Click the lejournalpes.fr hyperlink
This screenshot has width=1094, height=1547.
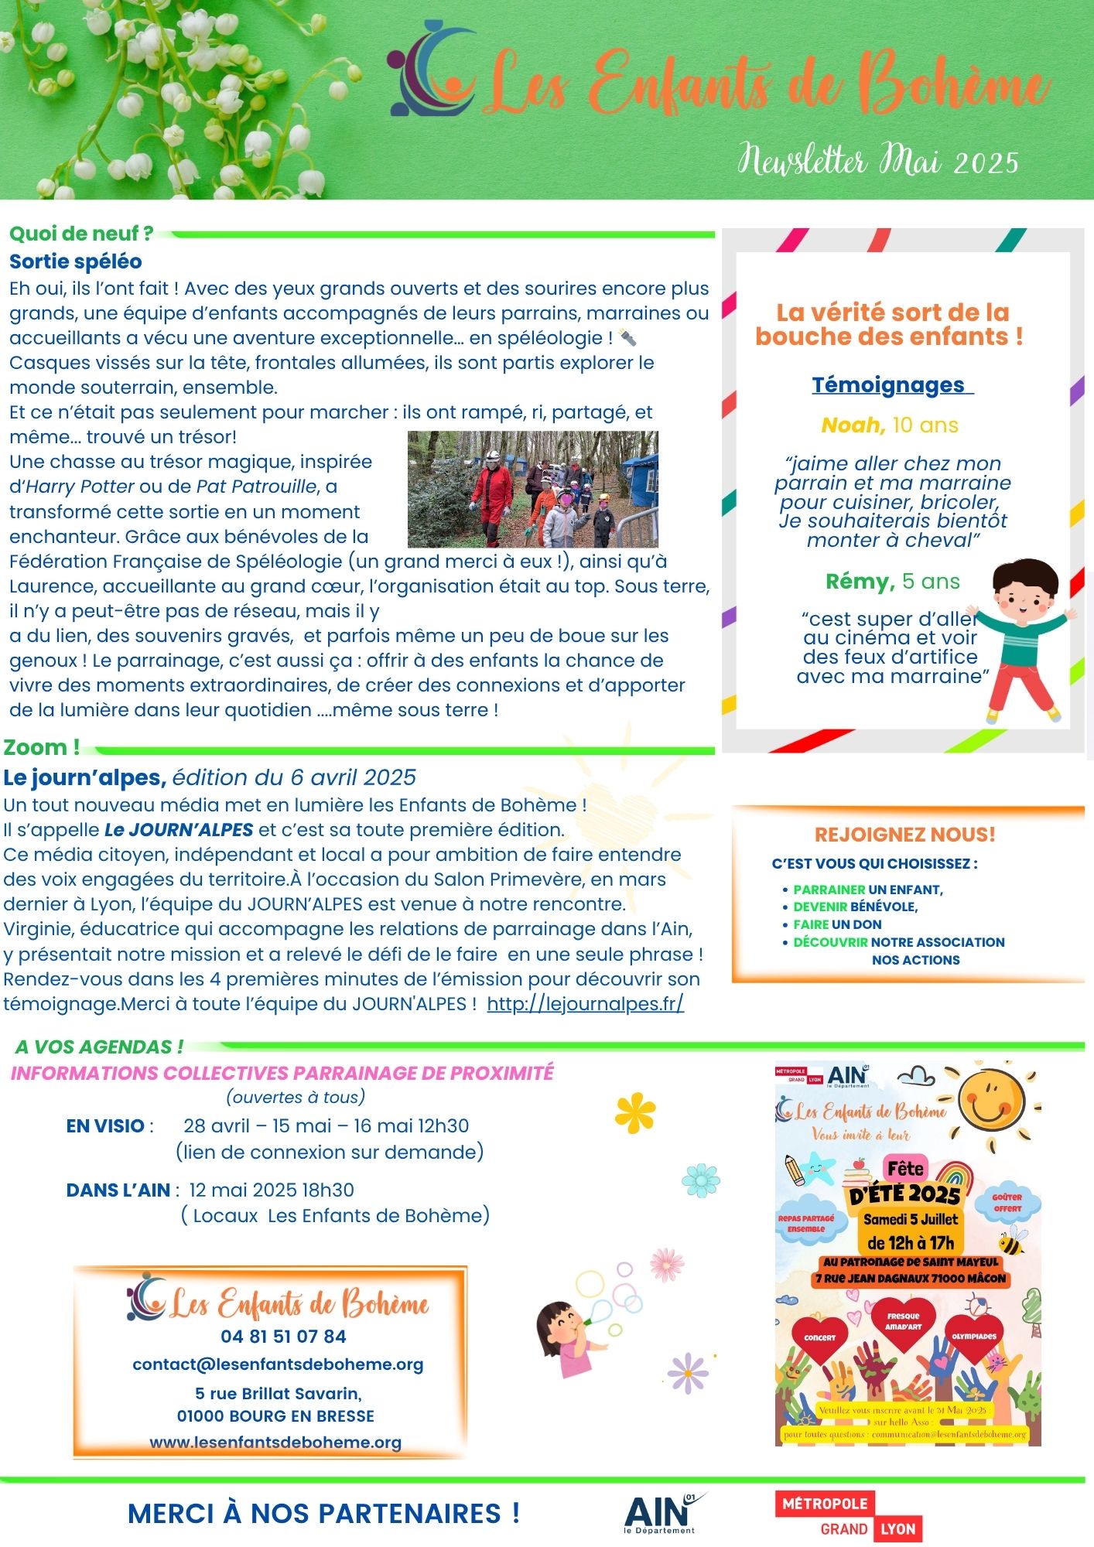[x=585, y=1004]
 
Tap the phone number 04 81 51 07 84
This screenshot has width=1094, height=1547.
[x=283, y=1336]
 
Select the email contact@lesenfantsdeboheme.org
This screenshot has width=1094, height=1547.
[x=278, y=1364]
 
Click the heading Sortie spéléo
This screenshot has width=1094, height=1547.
[x=76, y=261]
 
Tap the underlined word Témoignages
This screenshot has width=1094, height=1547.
[x=888, y=384]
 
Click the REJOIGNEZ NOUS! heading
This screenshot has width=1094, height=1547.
[x=904, y=834]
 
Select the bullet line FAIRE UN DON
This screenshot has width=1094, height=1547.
[x=837, y=924]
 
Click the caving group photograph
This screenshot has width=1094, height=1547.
[x=532, y=489]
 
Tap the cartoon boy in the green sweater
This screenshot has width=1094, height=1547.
[x=1020, y=638]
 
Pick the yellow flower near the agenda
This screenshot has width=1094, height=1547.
[x=635, y=1112]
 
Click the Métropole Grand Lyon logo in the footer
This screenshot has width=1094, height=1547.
[x=849, y=1516]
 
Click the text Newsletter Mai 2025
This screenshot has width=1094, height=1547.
[x=877, y=161]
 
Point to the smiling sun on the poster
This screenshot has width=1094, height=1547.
[x=990, y=1100]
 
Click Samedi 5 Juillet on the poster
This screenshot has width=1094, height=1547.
[x=910, y=1219]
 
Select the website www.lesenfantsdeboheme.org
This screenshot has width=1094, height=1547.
[x=275, y=1442]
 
